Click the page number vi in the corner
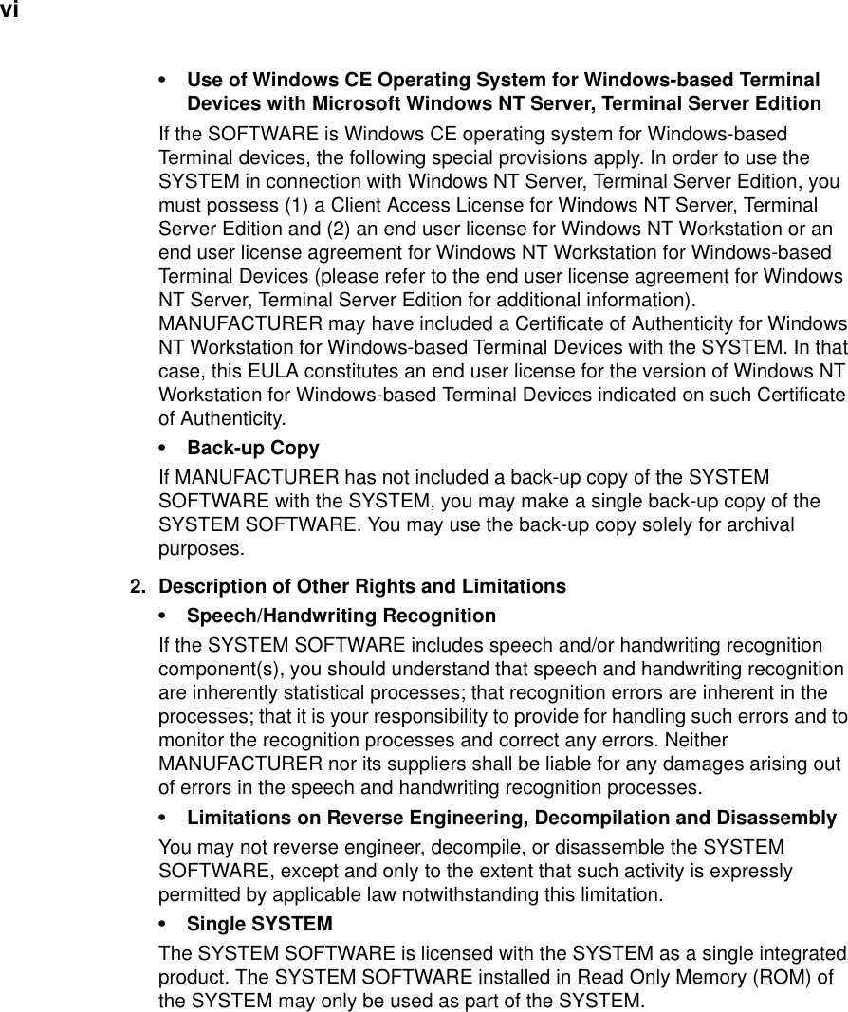point(9,10)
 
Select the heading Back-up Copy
point(253,448)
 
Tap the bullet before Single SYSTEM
point(168,924)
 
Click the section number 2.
point(138,586)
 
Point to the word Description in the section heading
point(212,586)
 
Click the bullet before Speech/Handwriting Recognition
point(168,616)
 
